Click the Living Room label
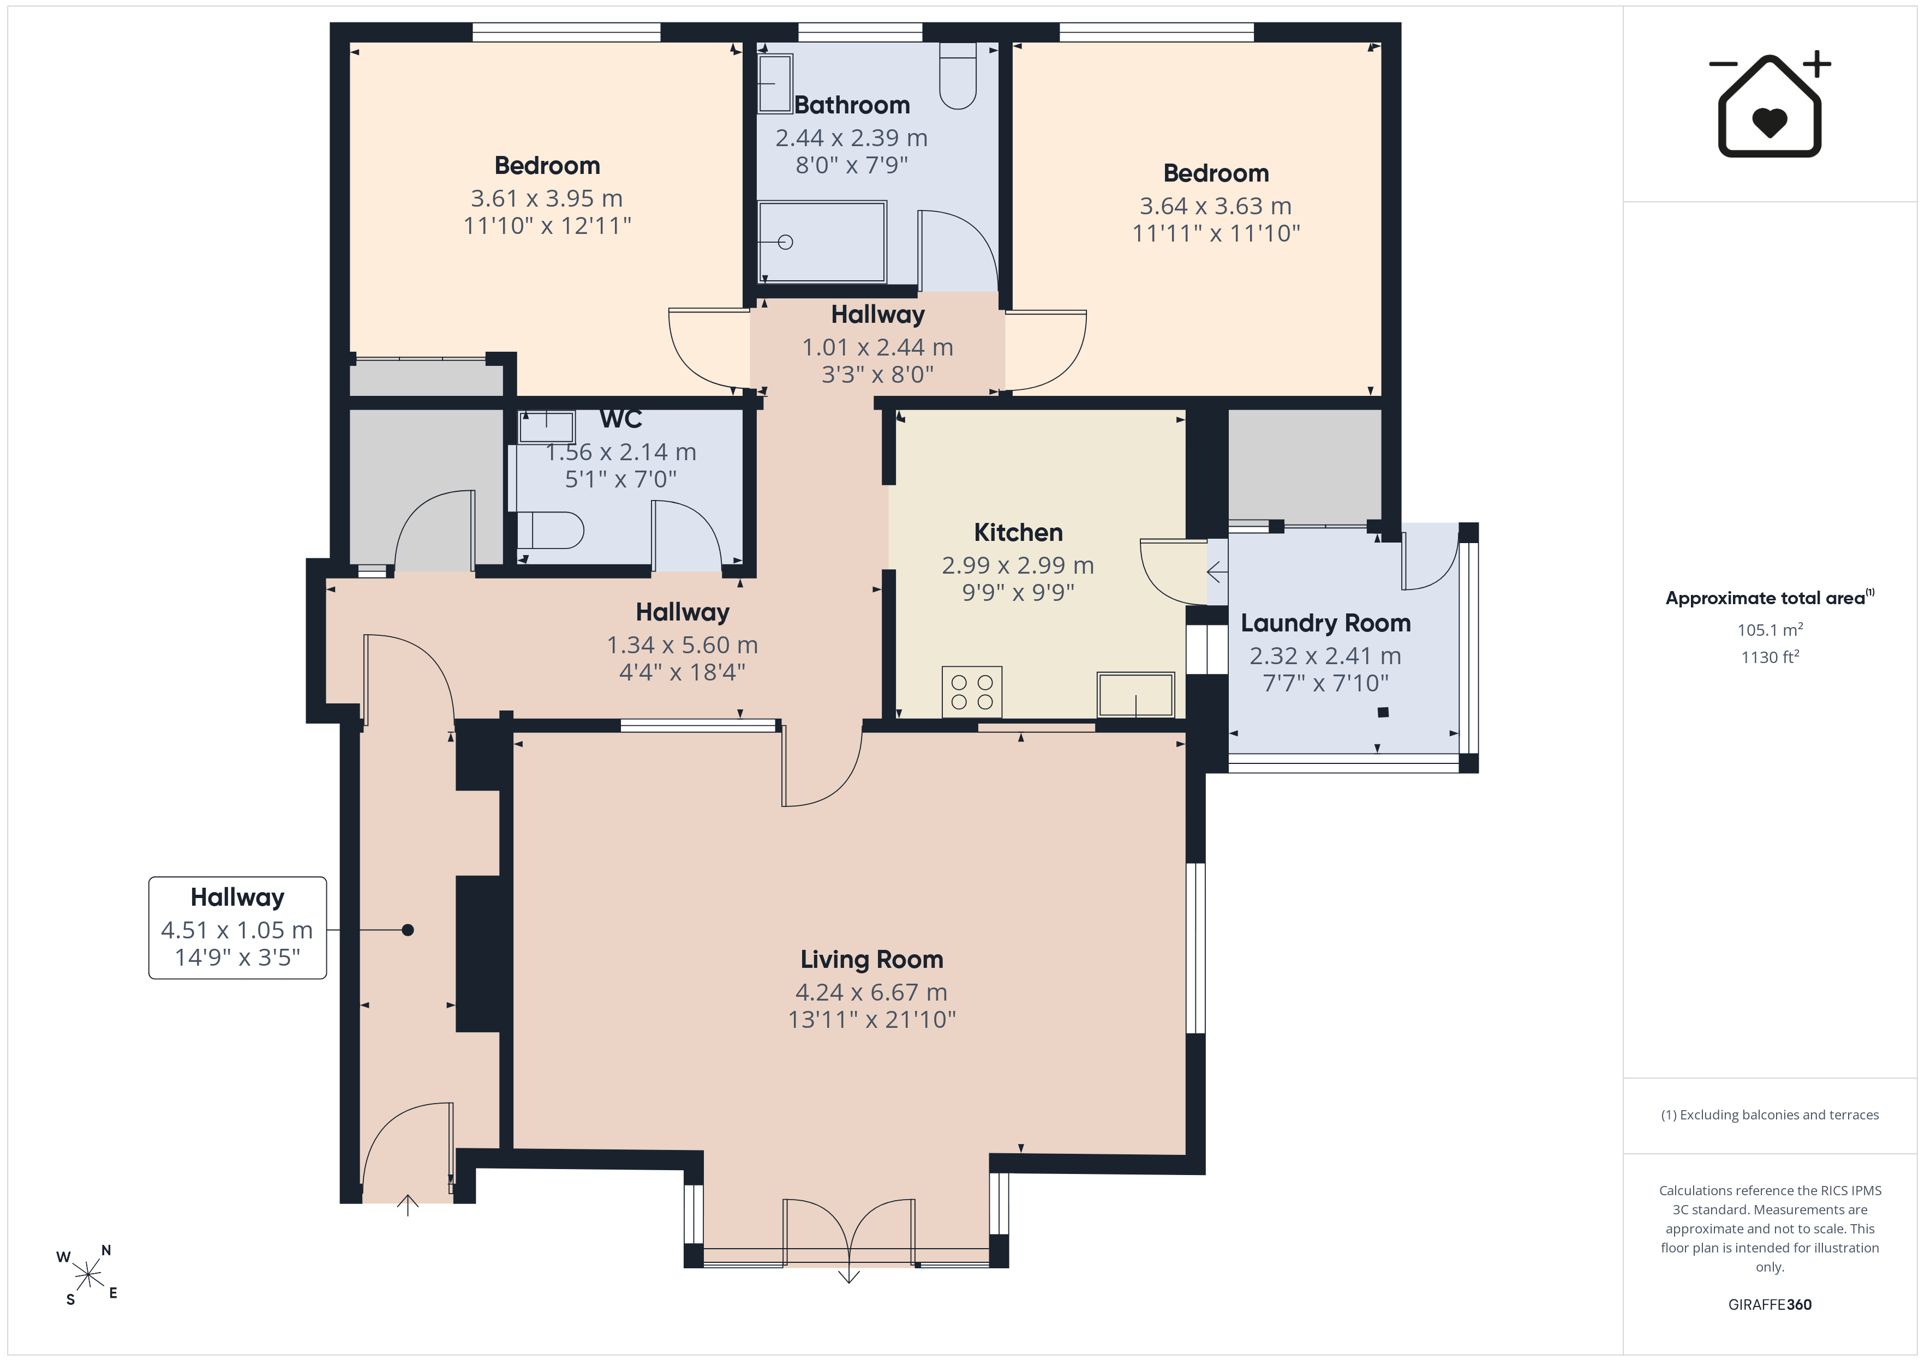pyautogui.click(x=871, y=960)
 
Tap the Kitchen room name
pyautogui.click(x=1018, y=533)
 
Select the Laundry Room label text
pyautogui.click(x=1325, y=623)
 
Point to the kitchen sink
pyautogui.click(x=1136, y=695)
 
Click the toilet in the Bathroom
pyautogui.click(x=958, y=75)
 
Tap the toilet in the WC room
pyautogui.click(x=550, y=529)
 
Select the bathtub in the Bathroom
pyautogui.click(x=822, y=242)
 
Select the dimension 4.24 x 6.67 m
pyautogui.click(x=871, y=993)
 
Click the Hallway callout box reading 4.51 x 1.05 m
pyautogui.click(x=237, y=928)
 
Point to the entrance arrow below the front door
pyautogui.click(x=408, y=1205)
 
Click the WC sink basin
pyautogui.click(x=547, y=426)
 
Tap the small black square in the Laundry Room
pyautogui.click(x=1383, y=712)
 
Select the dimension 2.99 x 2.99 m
pyautogui.click(x=1018, y=565)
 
